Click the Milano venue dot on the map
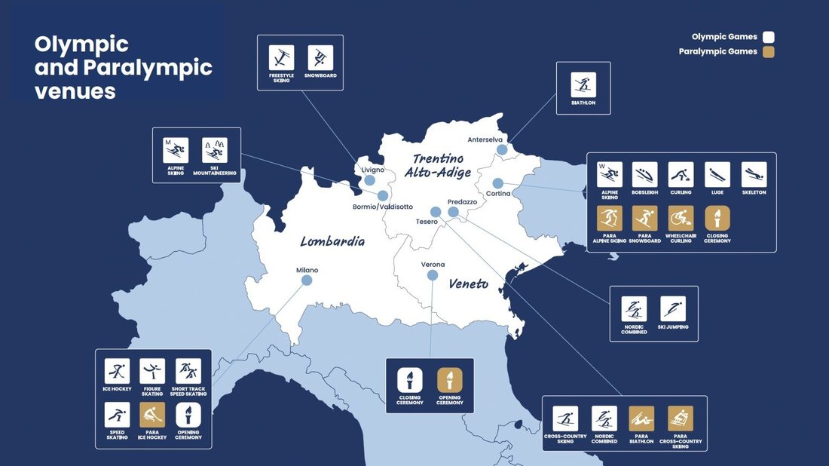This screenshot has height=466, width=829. pyautogui.click(x=307, y=281)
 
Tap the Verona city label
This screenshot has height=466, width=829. pyautogui.click(x=433, y=265)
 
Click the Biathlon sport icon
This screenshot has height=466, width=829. pyautogui.click(x=583, y=84)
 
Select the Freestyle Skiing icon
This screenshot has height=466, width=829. pyautogui.click(x=282, y=58)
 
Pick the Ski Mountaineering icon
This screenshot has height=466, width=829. pyautogui.click(x=215, y=150)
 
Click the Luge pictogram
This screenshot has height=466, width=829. pyautogui.click(x=717, y=174)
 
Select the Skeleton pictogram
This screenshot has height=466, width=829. pyautogui.click(x=754, y=174)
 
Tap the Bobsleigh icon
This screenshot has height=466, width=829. pyautogui.click(x=645, y=174)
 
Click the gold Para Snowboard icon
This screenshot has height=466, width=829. pyautogui.click(x=645, y=219)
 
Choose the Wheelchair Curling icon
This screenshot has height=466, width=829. pyautogui.click(x=681, y=219)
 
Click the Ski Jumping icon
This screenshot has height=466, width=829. pyautogui.click(x=673, y=308)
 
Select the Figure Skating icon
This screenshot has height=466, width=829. pyautogui.click(x=152, y=371)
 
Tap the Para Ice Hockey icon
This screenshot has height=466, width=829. pyautogui.click(x=152, y=415)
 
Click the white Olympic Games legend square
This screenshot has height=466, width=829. pyautogui.click(x=768, y=37)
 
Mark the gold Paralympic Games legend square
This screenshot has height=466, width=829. pyautogui.click(x=768, y=52)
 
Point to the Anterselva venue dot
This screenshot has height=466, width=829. pyautogui.click(x=502, y=150)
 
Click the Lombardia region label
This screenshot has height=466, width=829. pyautogui.click(x=332, y=242)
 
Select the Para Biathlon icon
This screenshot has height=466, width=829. pyautogui.click(x=642, y=419)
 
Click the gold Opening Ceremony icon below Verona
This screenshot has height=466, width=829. pyautogui.click(x=450, y=380)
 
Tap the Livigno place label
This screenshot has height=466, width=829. pyautogui.click(x=373, y=170)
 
